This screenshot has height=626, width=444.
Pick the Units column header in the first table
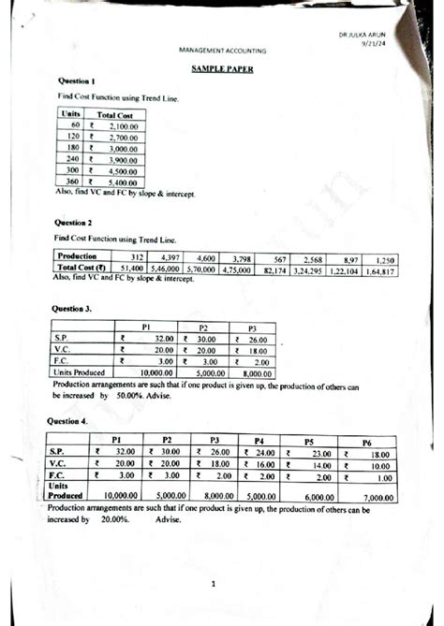click(69, 112)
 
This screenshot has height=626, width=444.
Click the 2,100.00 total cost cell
click(123, 124)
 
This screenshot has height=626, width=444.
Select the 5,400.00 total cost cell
click(123, 182)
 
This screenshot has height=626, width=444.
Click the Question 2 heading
click(74, 224)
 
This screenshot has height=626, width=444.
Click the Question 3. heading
click(75, 307)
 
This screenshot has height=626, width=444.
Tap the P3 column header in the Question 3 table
click(251, 327)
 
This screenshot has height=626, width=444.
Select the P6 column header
click(367, 441)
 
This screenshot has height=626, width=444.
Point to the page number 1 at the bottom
click(214, 586)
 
